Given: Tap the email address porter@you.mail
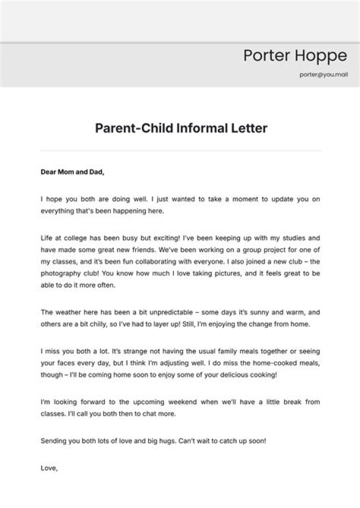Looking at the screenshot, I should [x=323, y=74].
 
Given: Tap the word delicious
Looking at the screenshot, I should [x=236, y=375].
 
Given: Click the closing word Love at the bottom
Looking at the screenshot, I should [x=49, y=468].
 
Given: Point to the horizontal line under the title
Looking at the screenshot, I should [x=181, y=150].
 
